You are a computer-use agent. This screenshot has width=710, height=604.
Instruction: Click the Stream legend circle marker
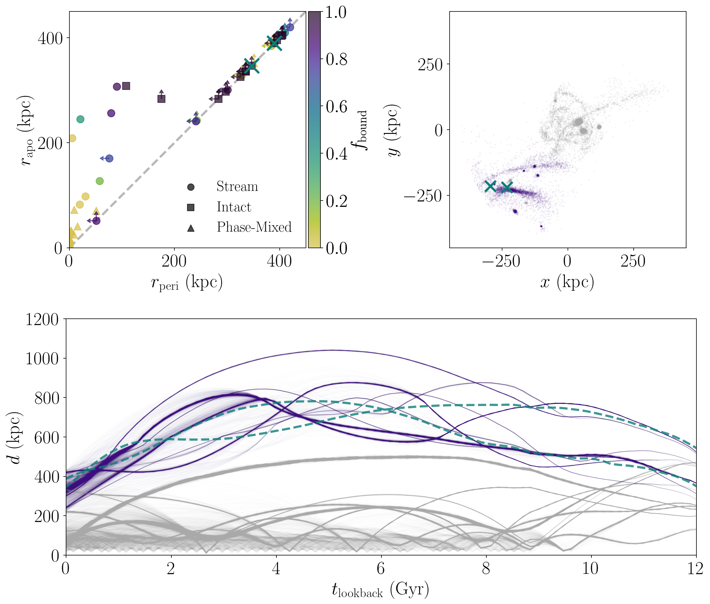pyautogui.click(x=191, y=187)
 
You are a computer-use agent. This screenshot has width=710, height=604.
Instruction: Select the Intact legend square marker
pyautogui.click(x=191, y=207)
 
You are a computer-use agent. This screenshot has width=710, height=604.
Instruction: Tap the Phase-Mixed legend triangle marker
pyautogui.click(x=191, y=228)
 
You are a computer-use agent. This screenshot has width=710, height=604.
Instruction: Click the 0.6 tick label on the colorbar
pyautogui.click(x=336, y=106)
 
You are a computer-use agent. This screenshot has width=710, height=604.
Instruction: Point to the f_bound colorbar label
pyautogui.click(x=361, y=130)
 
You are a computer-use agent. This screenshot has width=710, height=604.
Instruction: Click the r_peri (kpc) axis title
pyautogui.click(x=187, y=283)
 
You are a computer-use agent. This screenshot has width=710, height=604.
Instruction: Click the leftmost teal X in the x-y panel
pyautogui.click(x=491, y=186)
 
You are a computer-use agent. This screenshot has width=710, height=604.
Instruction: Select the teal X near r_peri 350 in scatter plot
pyautogui.click(x=252, y=66)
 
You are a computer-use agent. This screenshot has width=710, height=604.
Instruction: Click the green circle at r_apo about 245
pyautogui.click(x=80, y=119)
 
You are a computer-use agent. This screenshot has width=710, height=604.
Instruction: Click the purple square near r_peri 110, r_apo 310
pyautogui.click(x=126, y=86)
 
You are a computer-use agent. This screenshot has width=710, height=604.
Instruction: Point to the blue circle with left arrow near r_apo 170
pyautogui.click(x=109, y=159)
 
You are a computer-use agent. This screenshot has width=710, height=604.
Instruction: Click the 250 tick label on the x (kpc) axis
pyautogui.click(x=633, y=262)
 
